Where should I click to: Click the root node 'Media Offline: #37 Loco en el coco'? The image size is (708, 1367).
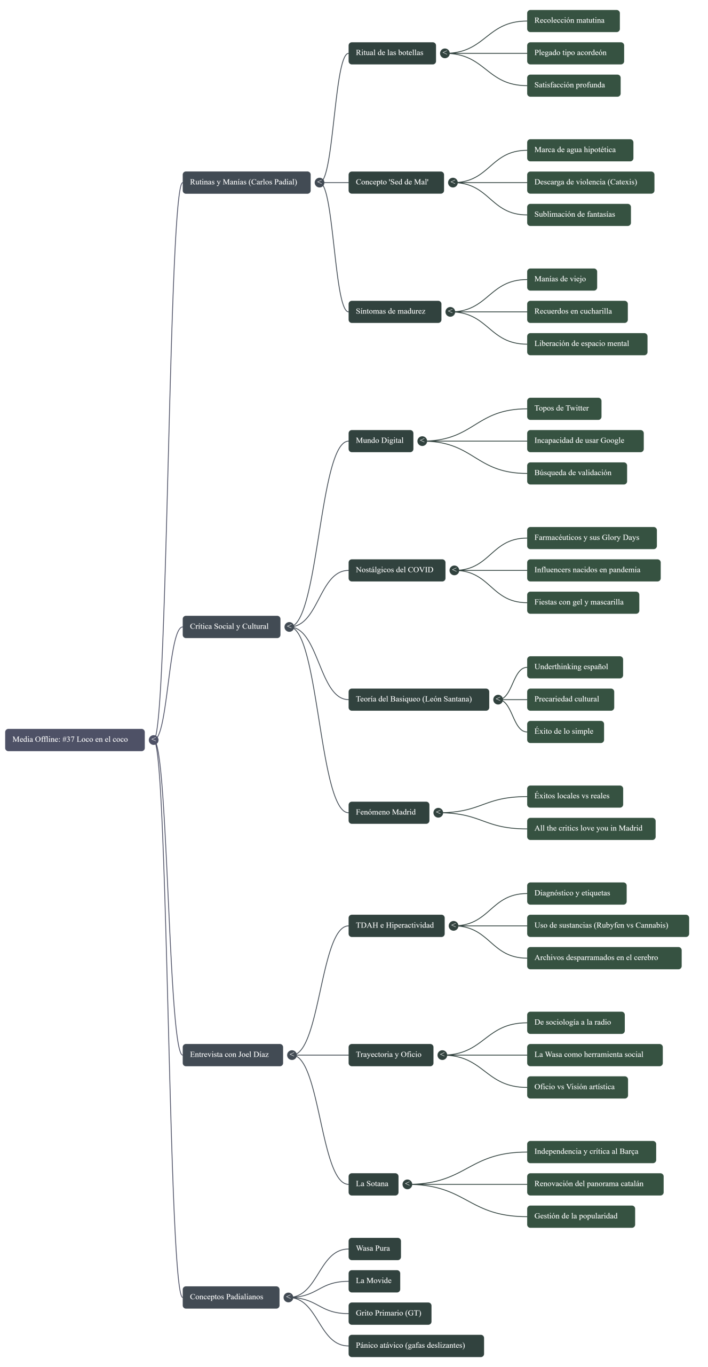[x=75, y=740]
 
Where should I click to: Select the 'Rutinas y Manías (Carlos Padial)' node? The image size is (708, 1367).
[x=246, y=182]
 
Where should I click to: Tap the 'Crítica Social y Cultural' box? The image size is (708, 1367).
[x=231, y=626]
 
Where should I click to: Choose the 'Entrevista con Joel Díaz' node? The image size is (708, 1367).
[x=232, y=1055]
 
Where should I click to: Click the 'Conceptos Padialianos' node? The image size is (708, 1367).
[x=230, y=1297]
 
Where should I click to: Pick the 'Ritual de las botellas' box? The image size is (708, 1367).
[x=392, y=53]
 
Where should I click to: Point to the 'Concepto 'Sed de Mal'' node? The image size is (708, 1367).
[x=396, y=182]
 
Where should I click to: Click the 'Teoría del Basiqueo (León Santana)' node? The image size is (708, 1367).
[x=418, y=699]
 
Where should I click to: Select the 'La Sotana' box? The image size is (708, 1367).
[x=373, y=1184]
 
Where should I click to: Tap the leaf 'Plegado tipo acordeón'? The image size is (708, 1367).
[x=575, y=53]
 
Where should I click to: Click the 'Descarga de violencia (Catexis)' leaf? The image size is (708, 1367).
[x=590, y=182]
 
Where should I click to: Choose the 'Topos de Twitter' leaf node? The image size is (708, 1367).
[x=564, y=408]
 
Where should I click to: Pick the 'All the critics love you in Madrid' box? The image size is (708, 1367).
[x=591, y=828]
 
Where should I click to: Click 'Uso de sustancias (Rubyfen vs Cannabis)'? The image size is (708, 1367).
[x=608, y=925]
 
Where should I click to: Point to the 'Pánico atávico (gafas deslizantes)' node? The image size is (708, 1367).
[x=416, y=1345]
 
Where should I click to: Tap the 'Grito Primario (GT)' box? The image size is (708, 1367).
[x=389, y=1313]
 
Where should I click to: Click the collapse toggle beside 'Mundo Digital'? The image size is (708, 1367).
[x=422, y=441]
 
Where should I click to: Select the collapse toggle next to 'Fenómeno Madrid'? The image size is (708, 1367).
[x=438, y=812]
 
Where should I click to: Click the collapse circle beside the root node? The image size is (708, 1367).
[x=153, y=740]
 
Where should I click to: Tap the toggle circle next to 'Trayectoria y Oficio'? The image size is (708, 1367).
[x=442, y=1055]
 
